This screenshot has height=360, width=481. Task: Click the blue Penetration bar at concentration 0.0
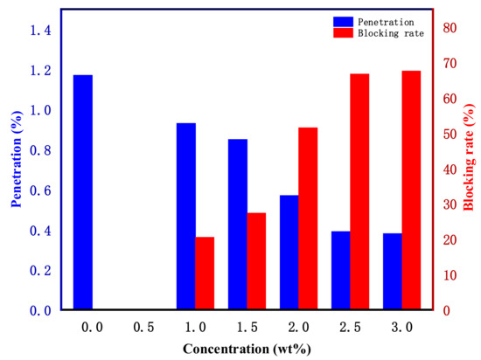pyautogui.click(x=83, y=192)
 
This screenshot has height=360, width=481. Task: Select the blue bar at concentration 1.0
pyautogui.click(x=186, y=217)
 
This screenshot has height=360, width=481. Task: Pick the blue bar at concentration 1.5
pyautogui.click(x=238, y=225)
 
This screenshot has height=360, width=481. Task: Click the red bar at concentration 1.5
pyautogui.click(x=256, y=261)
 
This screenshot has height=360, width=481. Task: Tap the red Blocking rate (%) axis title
pyautogui.click(x=468, y=166)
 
